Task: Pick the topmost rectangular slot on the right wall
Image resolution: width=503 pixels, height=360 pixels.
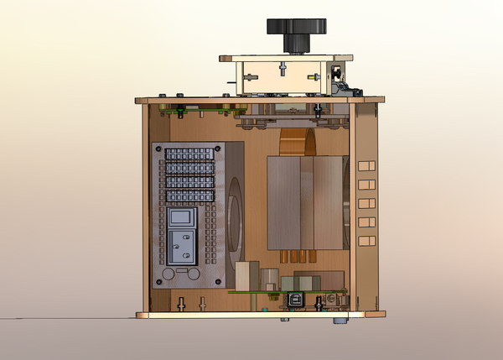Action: point(365,165)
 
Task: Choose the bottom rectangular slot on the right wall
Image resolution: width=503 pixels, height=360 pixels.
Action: point(365,241)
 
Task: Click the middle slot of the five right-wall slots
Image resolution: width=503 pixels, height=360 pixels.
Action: point(365,203)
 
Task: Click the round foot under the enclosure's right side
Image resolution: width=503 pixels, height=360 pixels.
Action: point(340,320)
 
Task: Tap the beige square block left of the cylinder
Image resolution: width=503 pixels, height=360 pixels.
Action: point(245,275)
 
